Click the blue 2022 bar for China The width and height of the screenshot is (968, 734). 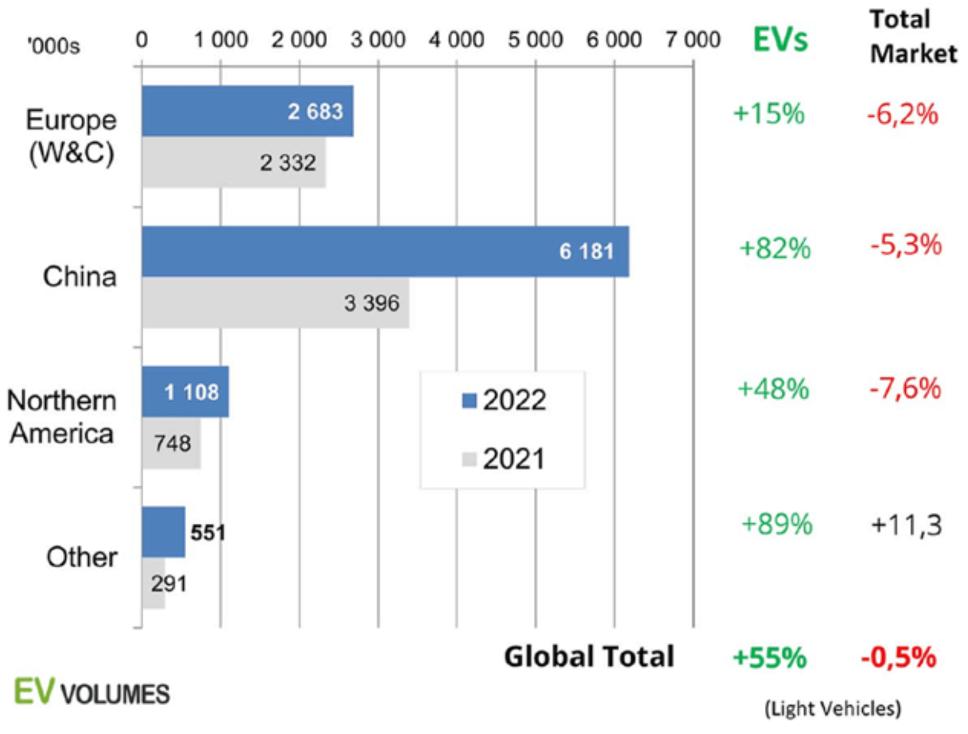385,251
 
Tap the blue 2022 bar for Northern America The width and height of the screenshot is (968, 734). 185,392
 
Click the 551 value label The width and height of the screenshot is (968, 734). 208,533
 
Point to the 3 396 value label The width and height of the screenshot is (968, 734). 371,304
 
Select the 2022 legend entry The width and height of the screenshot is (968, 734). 504,400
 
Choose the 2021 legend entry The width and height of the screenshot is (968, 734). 504,459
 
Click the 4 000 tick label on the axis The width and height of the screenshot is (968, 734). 456,40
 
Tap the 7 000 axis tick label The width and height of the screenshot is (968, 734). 693,40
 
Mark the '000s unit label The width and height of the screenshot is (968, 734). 53,46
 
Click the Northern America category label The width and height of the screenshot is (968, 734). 61,417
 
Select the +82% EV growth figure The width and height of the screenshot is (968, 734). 775,248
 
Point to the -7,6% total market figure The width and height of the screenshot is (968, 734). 905,389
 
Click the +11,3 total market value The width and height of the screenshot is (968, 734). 906,524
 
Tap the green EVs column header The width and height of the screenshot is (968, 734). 780,40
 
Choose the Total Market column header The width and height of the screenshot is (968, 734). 912,36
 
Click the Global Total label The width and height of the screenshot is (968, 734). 589,656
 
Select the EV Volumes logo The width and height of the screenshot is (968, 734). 92,693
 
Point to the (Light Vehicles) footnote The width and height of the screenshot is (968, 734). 832,709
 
